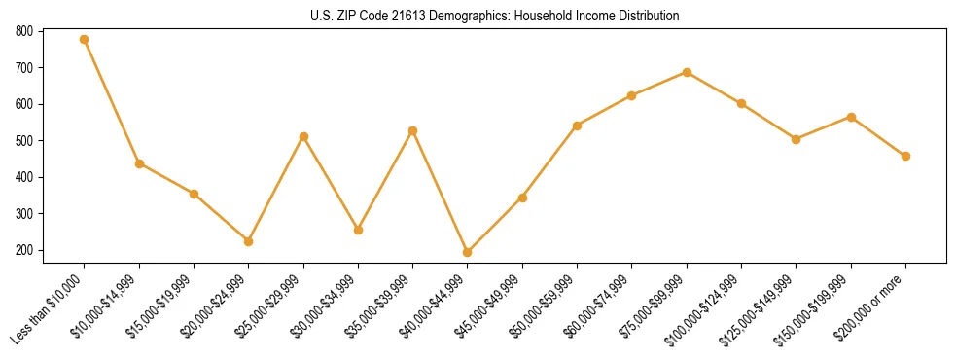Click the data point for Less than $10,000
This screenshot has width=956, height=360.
tap(85, 40)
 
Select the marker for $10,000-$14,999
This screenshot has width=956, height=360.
tap(139, 163)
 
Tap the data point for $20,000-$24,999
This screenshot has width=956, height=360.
tap(249, 241)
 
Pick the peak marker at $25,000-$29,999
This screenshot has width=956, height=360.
tap(303, 137)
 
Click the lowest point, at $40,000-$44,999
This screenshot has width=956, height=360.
tap(468, 252)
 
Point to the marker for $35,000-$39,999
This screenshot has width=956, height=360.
tap(413, 130)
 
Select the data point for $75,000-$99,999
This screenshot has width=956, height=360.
tap(687, 72)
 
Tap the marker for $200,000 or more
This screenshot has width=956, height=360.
tap(905, 156)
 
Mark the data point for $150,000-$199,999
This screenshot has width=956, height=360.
tap(851, 117)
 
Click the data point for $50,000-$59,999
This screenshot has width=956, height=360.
tap(578, 126)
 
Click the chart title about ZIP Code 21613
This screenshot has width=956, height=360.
tap(495, 16)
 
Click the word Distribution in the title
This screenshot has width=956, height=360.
tap(647, 16)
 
